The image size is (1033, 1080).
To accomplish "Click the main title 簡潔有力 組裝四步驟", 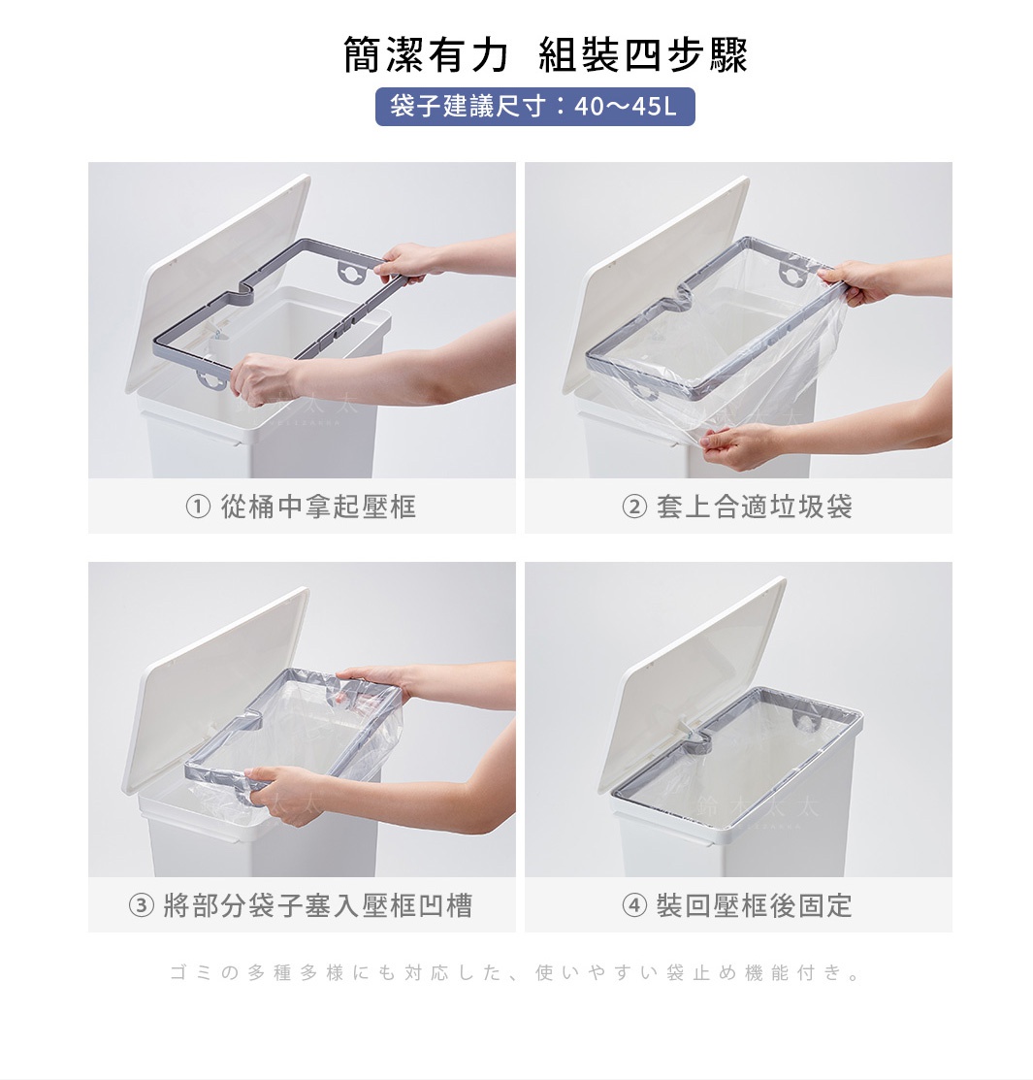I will pos(545,56).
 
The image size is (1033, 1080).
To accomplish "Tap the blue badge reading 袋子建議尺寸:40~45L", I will pos(534,107).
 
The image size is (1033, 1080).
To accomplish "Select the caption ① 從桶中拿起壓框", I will pos(301,507).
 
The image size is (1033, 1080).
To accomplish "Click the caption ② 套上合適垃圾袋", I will pos(737,507).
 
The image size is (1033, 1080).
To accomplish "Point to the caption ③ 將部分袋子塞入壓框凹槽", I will pos(301,906).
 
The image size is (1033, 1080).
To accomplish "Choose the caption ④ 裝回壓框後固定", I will pos(737,906).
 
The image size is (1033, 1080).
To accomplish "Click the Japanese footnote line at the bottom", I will pos(515,972).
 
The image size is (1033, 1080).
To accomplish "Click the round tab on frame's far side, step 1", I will pos(347,273).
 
